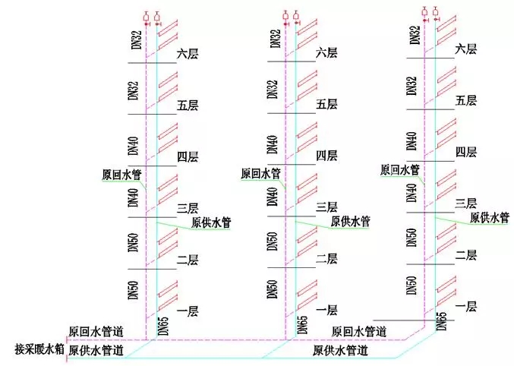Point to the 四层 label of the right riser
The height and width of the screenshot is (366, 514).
(465, 152)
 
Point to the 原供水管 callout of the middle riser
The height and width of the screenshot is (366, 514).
(351, 222)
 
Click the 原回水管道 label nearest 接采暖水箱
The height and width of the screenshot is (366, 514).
(96, 333)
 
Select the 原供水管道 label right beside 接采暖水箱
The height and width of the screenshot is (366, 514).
(96, 351)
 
